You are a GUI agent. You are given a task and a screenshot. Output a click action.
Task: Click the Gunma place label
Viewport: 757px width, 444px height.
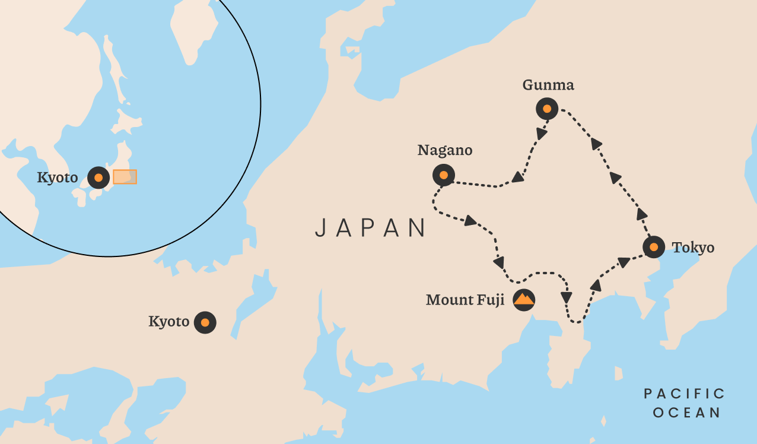coord(548,85)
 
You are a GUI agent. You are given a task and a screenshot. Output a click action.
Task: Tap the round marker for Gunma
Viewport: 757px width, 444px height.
coord(547,109)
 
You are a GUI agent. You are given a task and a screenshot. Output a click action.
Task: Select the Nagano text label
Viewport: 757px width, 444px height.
coord(445,151)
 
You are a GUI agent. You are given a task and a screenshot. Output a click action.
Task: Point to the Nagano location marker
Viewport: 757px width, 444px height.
coord(444,175)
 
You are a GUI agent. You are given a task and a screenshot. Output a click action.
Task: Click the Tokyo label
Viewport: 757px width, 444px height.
coord(693,248)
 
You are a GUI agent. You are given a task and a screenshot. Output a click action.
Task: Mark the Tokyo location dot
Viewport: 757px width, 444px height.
coord(653,247)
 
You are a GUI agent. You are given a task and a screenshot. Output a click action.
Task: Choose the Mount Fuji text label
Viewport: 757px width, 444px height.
coord(465,300)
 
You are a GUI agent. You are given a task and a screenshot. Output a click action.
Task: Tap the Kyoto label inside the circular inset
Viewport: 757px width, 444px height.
coord(58,177)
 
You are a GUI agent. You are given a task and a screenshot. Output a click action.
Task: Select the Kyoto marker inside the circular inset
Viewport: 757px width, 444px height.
coord(98,177)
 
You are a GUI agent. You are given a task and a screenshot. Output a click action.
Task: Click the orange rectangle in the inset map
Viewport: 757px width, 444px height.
coord(125,177)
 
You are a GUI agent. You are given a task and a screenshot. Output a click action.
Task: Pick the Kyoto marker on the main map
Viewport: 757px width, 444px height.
coord(205,322)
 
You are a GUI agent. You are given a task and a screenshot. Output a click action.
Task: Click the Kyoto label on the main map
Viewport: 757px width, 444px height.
coord(168,322)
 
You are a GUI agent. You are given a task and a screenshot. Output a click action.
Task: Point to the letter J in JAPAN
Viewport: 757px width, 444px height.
coord(320,228)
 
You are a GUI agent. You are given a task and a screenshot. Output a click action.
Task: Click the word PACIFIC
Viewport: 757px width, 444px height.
coord(685,394)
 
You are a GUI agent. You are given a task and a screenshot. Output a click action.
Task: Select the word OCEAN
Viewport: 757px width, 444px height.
coord(686,413)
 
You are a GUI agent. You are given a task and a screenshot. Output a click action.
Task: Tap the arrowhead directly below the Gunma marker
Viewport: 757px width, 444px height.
coord(541,133)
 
